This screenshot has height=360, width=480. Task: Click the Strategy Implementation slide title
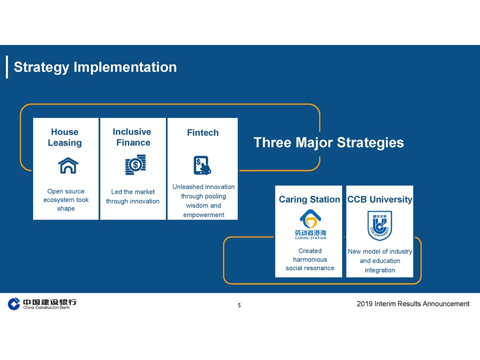[95, 67]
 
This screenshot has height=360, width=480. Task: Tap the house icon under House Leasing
[68, 165]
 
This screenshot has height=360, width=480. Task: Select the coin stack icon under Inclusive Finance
[135, 164]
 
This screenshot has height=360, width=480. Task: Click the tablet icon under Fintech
[202, 165]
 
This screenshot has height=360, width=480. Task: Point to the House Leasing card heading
[65, 137]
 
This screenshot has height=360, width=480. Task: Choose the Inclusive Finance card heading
[132, 137]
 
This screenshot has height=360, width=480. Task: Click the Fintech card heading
[203, 132]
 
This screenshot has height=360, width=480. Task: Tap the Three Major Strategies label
[328, 142]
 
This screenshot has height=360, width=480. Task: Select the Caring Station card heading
[309, 199]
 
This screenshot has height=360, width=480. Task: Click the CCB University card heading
[380, 199]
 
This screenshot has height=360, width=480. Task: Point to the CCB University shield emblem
[379, 225]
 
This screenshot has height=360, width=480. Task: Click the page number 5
[239, 305]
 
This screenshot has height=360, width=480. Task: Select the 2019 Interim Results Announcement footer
[413, 303]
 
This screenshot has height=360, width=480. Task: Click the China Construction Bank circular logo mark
[14, 303]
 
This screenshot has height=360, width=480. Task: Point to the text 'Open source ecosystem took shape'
[66, 200]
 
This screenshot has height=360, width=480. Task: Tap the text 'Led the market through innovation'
[133, 196]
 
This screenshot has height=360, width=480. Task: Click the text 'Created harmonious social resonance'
[310, 259]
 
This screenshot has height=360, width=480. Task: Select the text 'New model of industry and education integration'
[380, 261]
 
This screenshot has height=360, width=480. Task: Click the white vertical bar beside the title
[7, 67]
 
